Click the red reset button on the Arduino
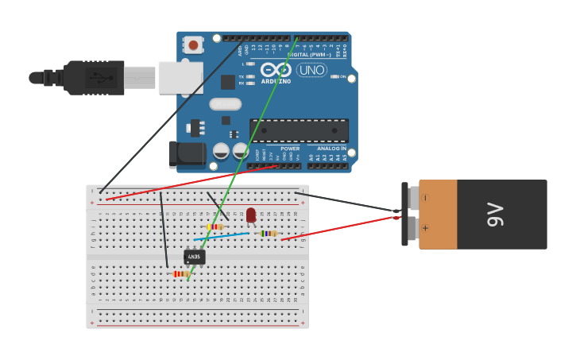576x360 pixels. pos(193,45)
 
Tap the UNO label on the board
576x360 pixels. pos(311,70)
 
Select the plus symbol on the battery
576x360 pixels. pos(425,228)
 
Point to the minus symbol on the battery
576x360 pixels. pos(425,197)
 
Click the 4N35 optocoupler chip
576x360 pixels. pos(195,257)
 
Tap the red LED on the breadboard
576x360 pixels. pos(251,215)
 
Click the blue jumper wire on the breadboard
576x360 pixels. pos(221,236)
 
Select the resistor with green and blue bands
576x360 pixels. pos(269,234)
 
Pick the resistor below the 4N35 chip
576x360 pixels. pos(181,274)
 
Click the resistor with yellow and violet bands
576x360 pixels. pos(215,226)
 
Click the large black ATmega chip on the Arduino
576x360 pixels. pos(299,130)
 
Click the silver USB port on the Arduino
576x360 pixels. pos(180,78)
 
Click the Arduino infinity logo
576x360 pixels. pos(276,70)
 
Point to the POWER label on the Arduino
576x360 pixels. pos(290,149)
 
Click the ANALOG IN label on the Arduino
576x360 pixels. pos(331,149)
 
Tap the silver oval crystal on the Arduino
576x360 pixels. pos(226,104)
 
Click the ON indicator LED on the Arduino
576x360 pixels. pos(334,76)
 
